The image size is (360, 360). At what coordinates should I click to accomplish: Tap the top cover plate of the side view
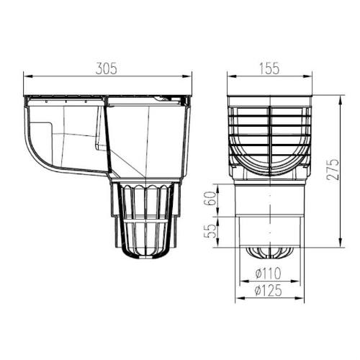[x=108, y=95]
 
